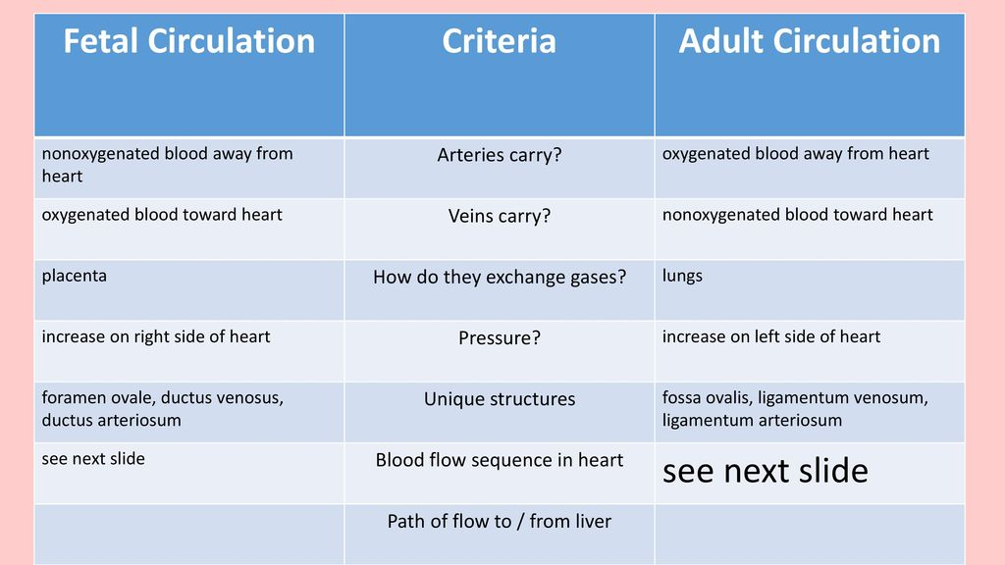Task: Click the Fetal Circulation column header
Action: pyautogui.click(x=189, y=41)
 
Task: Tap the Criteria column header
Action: pyautogui.click(x=500, y=41)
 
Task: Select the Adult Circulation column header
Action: pyautogui.click(x=810, y=41)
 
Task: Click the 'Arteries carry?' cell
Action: pyautogui.click(x=500, y=155)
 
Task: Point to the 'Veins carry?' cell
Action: pyautogui.click(x=500, y=216)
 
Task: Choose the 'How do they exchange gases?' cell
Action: pyautogui.click(x=500, y=277)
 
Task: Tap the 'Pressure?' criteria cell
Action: pyautogui.click(x=500, y=337)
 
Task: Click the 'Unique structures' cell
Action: pyautogui.click(x=500, y=398)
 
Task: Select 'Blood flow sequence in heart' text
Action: pyautogui.click(x=500, y=460)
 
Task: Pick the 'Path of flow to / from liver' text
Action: pyautogui.click(x=500, y=521)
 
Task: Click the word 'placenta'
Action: pyautogui.click(x=75, y=276)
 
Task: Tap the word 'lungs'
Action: pyautogui.click(x=682, y=276)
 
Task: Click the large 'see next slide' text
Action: pyautogui.click(x=766, y=471)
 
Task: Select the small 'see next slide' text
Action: pyautogui.click(x=93, y=459)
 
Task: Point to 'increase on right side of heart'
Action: pyautogui.click(x=156, y=337)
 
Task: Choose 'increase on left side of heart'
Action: pyautogui.click(x=771, y=337)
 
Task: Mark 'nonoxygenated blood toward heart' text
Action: pyautogui.click(x=797, y=215)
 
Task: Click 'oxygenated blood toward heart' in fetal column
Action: pyautogui.click(x=162, y=215)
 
